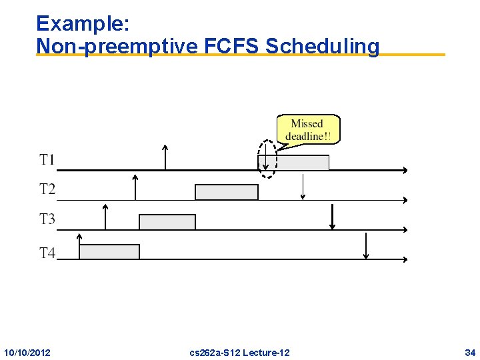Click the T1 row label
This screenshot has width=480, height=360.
pyautogui.click(x=47, y=160)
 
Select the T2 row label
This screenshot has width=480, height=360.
pyautogui.click(x=47, y=189)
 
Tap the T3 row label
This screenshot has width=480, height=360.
pyautogui.click(x=47, y=219)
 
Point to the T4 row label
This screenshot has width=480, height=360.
pyautogui.click(x=47, y=253)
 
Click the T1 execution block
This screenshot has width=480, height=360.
pyautogui.click(x=302, y=163)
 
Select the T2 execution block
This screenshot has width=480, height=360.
pyautogui.click(x=226, y=192)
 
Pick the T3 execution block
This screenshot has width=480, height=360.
pyautogui.click(x=167, y=222)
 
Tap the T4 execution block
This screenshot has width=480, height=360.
pyautogui.click(x=109, y=251)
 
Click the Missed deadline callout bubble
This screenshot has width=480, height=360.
pyautogui.click(x=307, y=129)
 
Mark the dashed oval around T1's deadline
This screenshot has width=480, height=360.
pyautogui.click(x=267, y=159)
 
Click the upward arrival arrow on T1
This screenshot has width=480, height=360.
pyautogui.click(x=165, y=157)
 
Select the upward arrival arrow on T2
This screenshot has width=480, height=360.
pyautogui.click(x=135, y=187)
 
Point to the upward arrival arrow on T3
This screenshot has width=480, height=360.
pyautogui.click(x=105, y=217)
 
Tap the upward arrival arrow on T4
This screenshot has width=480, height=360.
pyautogui.click(x=79, y=246)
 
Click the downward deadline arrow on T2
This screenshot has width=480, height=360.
pyautogui.click(x=303, y=187)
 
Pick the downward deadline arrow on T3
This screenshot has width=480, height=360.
pyautogui.click(x=332, y=217)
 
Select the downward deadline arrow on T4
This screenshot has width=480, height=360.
pyautogui.click(x=365, y=246)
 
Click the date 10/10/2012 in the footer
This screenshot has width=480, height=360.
pyautogui.click(x=27, y=352)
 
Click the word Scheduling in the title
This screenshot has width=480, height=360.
pyautogui.click(x=322, y=47)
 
